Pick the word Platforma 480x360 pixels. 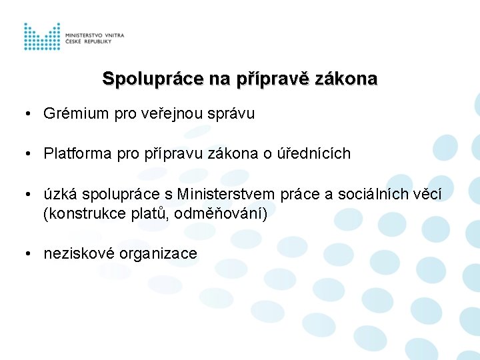(78, 153)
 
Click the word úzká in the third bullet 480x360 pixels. (59, 194)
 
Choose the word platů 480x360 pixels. (149, 214)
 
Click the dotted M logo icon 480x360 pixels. (42, 37)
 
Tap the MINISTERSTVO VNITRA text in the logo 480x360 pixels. (95, 34)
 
